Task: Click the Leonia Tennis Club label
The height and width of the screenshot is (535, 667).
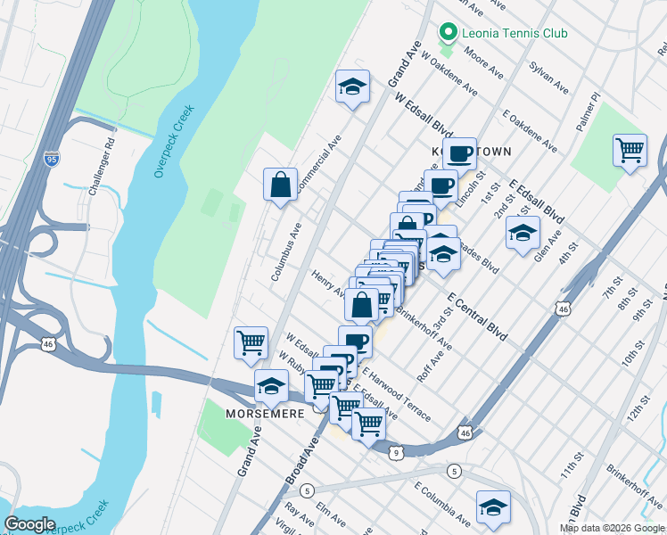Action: (x=515, y=34)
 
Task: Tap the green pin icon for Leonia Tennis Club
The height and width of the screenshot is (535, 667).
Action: (x=447, y=35)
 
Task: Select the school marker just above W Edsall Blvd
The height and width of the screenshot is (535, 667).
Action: (x=353, y=87)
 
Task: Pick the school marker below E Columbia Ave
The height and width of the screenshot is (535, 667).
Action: (x=493, y=506)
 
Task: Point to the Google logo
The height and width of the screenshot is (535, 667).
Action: (x=30, y=524)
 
